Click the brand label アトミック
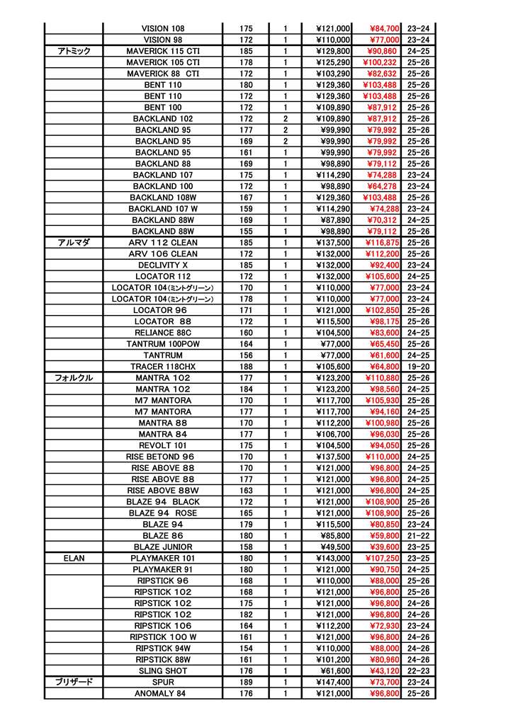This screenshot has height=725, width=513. (74, 51)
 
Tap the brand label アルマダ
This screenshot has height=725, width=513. (74, 242)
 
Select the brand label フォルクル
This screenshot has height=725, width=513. (74, 377)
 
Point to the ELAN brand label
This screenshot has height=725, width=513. (74, 558)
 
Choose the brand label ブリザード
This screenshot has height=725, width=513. (74, 682)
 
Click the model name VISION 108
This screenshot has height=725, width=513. (163, 28)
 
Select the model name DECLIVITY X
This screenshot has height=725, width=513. (163, 265)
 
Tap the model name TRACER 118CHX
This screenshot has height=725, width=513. (163, 366)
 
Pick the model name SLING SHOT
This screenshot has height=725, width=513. (163, 670)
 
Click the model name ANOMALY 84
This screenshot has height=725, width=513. (163, 693)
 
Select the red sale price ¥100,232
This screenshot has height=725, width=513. (380, 62)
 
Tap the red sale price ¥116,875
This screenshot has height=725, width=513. (382, 242)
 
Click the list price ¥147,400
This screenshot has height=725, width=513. (333, 682)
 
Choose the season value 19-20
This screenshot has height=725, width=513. (418, 366)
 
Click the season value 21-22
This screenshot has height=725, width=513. (418, 535)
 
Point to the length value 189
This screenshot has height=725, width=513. (246, 682)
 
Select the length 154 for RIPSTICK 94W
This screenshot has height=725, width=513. (246, 648)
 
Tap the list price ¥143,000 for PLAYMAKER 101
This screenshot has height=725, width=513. (333, 558)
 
